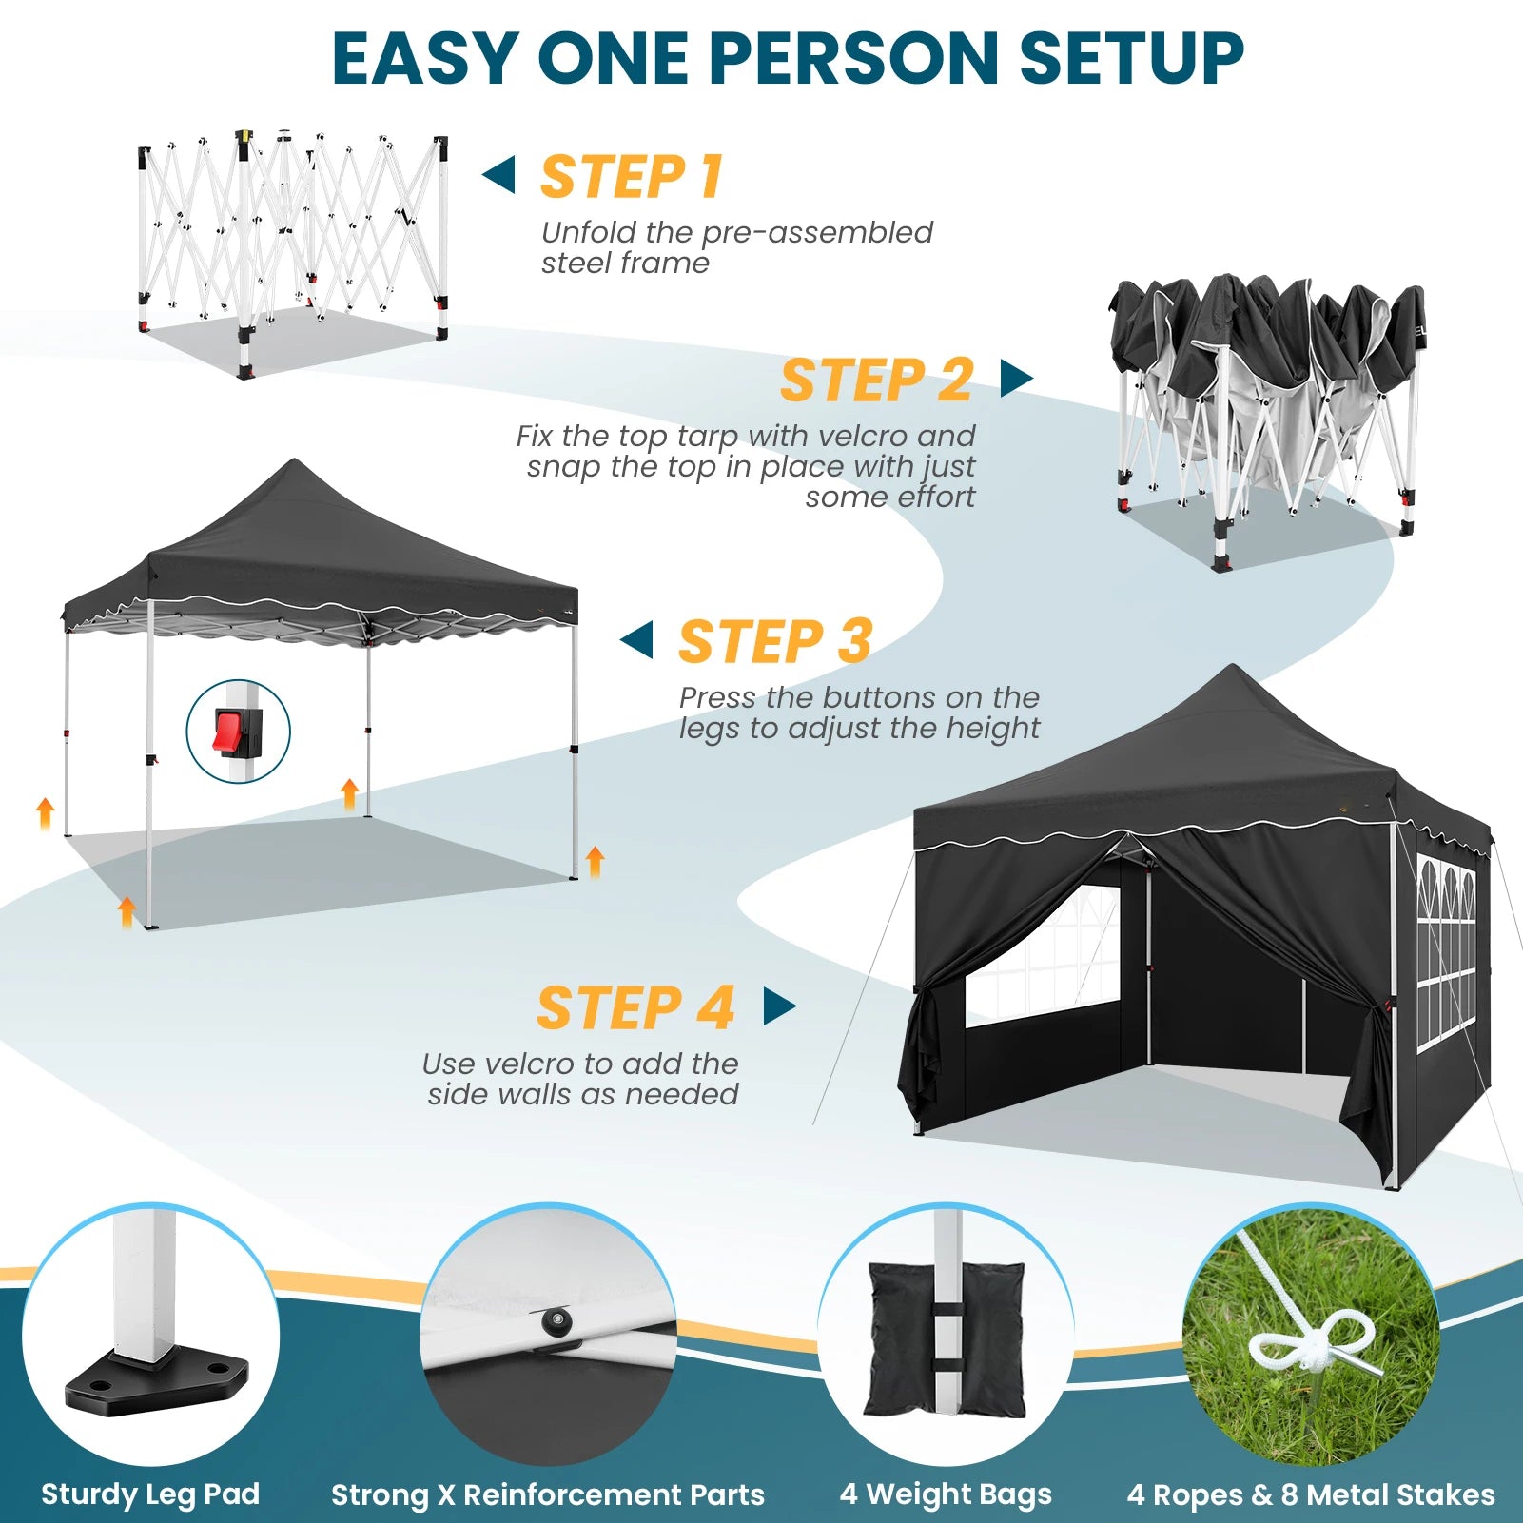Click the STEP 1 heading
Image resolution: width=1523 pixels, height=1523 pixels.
(x=632, y=177)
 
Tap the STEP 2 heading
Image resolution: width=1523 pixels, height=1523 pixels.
(x=876, y=381)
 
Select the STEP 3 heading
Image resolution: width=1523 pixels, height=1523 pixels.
(x=775, y=641)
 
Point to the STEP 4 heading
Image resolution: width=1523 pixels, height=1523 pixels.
(x=635, y=1007)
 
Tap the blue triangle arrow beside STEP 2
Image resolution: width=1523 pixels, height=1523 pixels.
(x=1016, y=378)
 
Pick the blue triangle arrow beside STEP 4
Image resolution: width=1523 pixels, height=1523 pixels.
(x=779, y=1006)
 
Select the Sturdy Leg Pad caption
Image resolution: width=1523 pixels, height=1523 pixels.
(x=150, y=1494)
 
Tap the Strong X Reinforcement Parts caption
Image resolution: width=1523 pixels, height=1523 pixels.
(x=548, y=1494)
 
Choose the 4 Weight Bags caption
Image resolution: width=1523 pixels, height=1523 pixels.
(x=946, y=1494)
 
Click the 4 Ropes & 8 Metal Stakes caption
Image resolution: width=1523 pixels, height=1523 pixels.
(x=1311, y=1494)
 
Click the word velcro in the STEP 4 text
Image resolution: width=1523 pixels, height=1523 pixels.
(x=524, y=1064)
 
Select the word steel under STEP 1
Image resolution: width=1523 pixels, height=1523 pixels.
(x=573, y=263)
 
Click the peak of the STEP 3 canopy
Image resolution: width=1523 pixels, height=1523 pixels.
(x=295, y=461)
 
